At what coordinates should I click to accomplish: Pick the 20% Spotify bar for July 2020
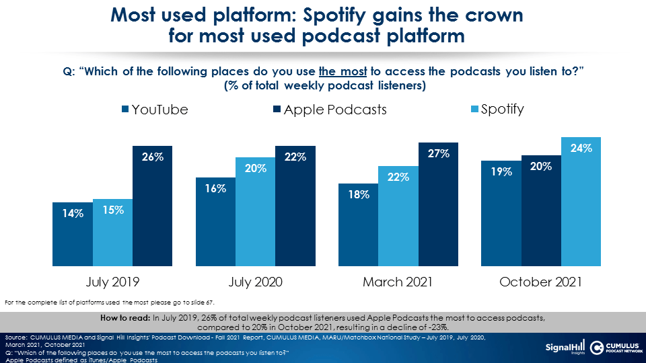tap(255, 211)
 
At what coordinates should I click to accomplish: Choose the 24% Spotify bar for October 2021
tap(581, 201)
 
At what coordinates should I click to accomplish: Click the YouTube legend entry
tap(154, 110)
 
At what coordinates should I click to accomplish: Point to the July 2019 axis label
tap(112, 282)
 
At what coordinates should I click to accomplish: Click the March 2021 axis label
tap(398, 282)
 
